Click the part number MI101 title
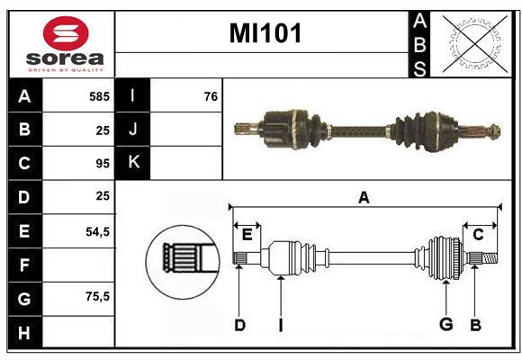265,33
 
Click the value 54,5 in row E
97,230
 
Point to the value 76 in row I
211,95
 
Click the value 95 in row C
102,164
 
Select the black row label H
24,333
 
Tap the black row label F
24,265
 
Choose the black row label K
132,163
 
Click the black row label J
132,130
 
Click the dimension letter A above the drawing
364,197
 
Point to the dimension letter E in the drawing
247,234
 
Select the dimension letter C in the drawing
478,234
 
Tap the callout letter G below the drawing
445,324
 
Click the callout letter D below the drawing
239,324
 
